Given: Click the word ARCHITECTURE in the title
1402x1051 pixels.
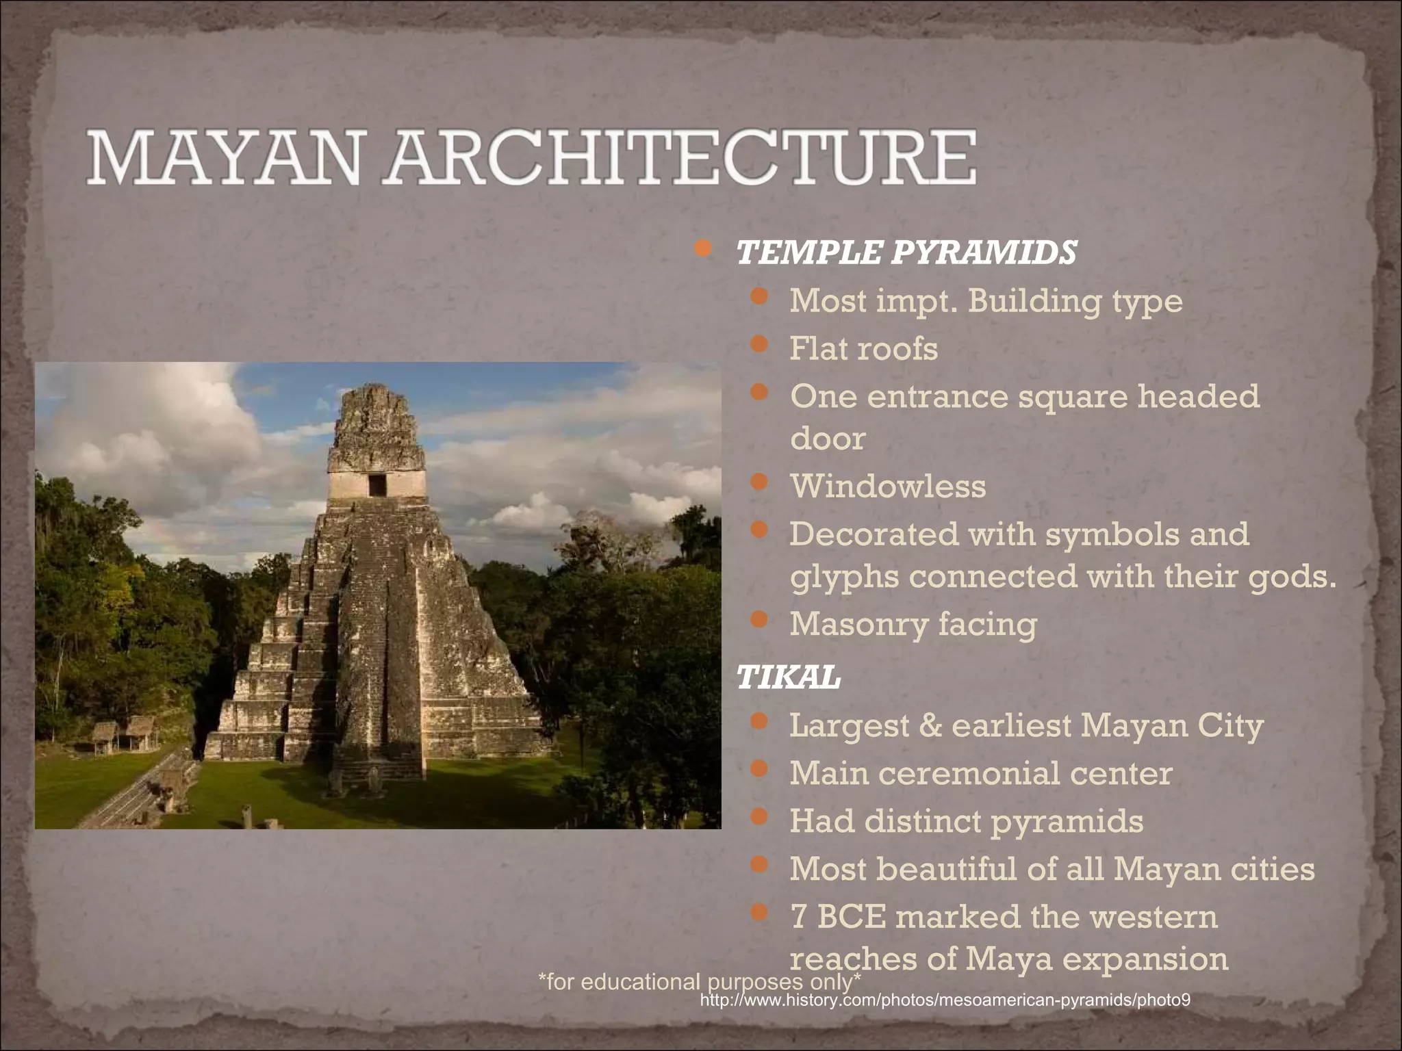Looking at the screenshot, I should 679,158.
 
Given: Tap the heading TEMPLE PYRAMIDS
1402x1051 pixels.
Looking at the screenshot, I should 906,252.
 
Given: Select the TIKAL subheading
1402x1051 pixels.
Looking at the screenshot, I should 788,678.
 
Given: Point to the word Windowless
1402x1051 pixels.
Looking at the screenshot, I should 888,486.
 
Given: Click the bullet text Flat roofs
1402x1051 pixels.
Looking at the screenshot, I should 863,348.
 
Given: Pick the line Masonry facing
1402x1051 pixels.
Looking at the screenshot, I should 913,624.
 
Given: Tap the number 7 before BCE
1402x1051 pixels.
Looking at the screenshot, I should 798,917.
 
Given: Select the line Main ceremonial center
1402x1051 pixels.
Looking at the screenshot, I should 980,773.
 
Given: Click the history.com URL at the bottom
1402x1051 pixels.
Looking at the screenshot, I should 945,1000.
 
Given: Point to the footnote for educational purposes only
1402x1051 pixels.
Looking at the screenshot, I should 699,981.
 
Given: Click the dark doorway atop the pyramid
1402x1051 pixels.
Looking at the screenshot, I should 377,485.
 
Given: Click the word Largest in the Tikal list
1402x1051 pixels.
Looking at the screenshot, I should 849,725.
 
